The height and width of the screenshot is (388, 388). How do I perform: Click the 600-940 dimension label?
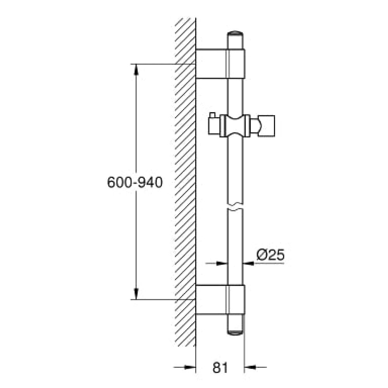[x=135, y=183]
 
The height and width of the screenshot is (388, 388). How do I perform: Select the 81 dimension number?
[x=220, y=368]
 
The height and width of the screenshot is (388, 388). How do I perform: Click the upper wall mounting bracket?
[x=220, y=64]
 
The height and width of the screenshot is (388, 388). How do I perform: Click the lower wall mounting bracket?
[x=220, y=300]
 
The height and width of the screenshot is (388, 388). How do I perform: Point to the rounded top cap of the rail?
[x=235, y=33]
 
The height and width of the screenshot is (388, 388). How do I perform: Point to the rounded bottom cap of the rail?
[x=235, y=333]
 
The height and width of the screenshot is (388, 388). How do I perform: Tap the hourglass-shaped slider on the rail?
[x=235, y=126]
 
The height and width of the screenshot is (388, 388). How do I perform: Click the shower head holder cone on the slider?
[x=263, y=126]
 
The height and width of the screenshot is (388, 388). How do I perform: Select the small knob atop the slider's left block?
[x=213, y=115]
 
